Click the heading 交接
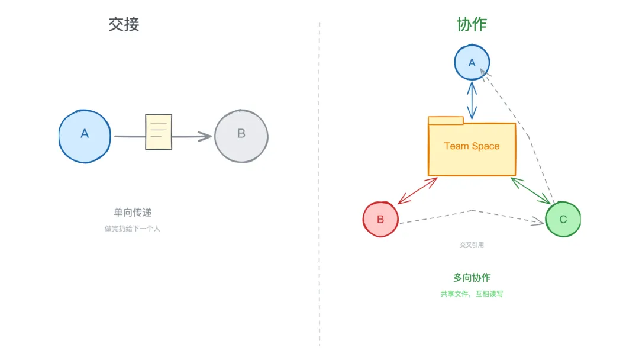(x=124, y=24)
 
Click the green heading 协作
(x=472, y=24)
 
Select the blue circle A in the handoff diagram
(x=85, y=136)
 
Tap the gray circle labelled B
(x=241, y=135)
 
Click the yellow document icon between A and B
(x=159, y=131)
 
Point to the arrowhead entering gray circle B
(x=206, y=136)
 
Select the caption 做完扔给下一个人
(x=133, y=229)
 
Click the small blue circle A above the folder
(x=472, y=62)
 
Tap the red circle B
(x=380, y=219)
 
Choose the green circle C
(x=563, y=219)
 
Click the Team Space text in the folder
(x=472, y=146)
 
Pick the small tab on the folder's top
(x=445, y=121)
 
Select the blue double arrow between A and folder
(x=472, y=100)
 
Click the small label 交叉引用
(x=472, y=245)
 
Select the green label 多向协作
(x=472, y=278)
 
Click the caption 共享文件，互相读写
(x=472, y=294)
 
